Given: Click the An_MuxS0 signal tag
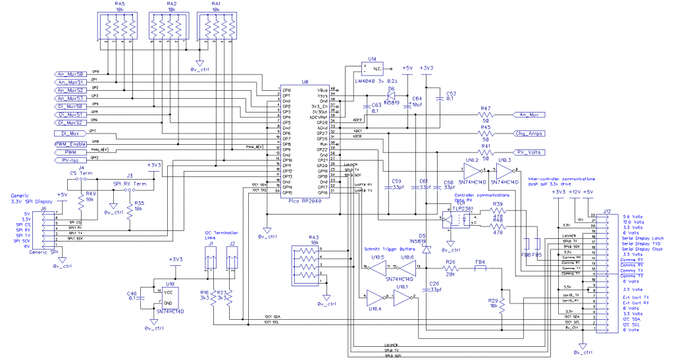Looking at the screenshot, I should click(x=70, y=74).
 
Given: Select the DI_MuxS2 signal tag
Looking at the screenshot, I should click(x=70, y=122).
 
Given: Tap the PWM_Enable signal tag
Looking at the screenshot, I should click(x=70, y=143).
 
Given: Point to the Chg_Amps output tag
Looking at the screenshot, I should click(x=530, y=134).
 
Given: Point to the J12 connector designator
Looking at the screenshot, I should click(x=606, y=211).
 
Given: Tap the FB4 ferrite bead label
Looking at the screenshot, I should click(x=480, y=263).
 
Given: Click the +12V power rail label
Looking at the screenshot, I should click(x=573, y=192).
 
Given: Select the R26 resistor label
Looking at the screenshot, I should click(x=450, y=263).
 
